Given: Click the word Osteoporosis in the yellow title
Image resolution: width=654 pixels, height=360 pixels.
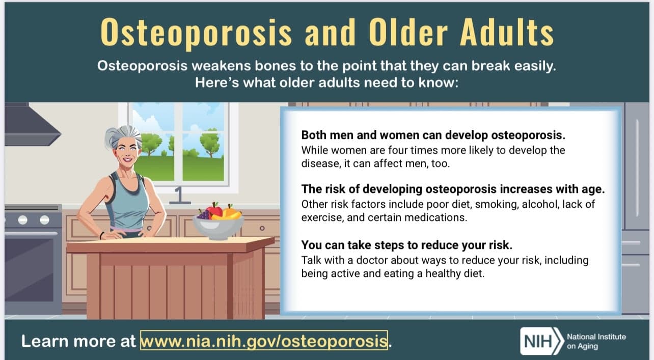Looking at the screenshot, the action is (x=196, y=33).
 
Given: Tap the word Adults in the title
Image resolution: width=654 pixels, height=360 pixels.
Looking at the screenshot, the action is (x=507, y=32).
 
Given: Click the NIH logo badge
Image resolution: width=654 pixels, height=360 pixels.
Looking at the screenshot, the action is (x=542, y=341).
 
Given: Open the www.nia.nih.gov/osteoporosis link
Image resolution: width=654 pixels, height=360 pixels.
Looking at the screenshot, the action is (x=264, y=340).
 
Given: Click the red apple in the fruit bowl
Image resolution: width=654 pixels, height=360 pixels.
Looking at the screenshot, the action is (x=214, y=210).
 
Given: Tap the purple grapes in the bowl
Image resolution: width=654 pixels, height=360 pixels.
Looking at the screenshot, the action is (x=204, y=214).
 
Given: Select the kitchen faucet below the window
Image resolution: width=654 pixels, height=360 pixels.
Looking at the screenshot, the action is (x=179, y=196).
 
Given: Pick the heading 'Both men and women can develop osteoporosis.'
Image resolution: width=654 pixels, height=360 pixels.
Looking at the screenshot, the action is (x=433, y=135).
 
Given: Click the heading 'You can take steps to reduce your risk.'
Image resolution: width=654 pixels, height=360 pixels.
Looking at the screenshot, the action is (x=406, y=245).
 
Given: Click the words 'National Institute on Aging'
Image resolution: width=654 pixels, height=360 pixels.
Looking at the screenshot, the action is (x=596, y=341).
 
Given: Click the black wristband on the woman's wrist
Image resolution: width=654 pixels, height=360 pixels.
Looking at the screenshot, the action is (x=101, y=235).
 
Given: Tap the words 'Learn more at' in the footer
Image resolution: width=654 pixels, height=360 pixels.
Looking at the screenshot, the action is (x=78, y=341).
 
